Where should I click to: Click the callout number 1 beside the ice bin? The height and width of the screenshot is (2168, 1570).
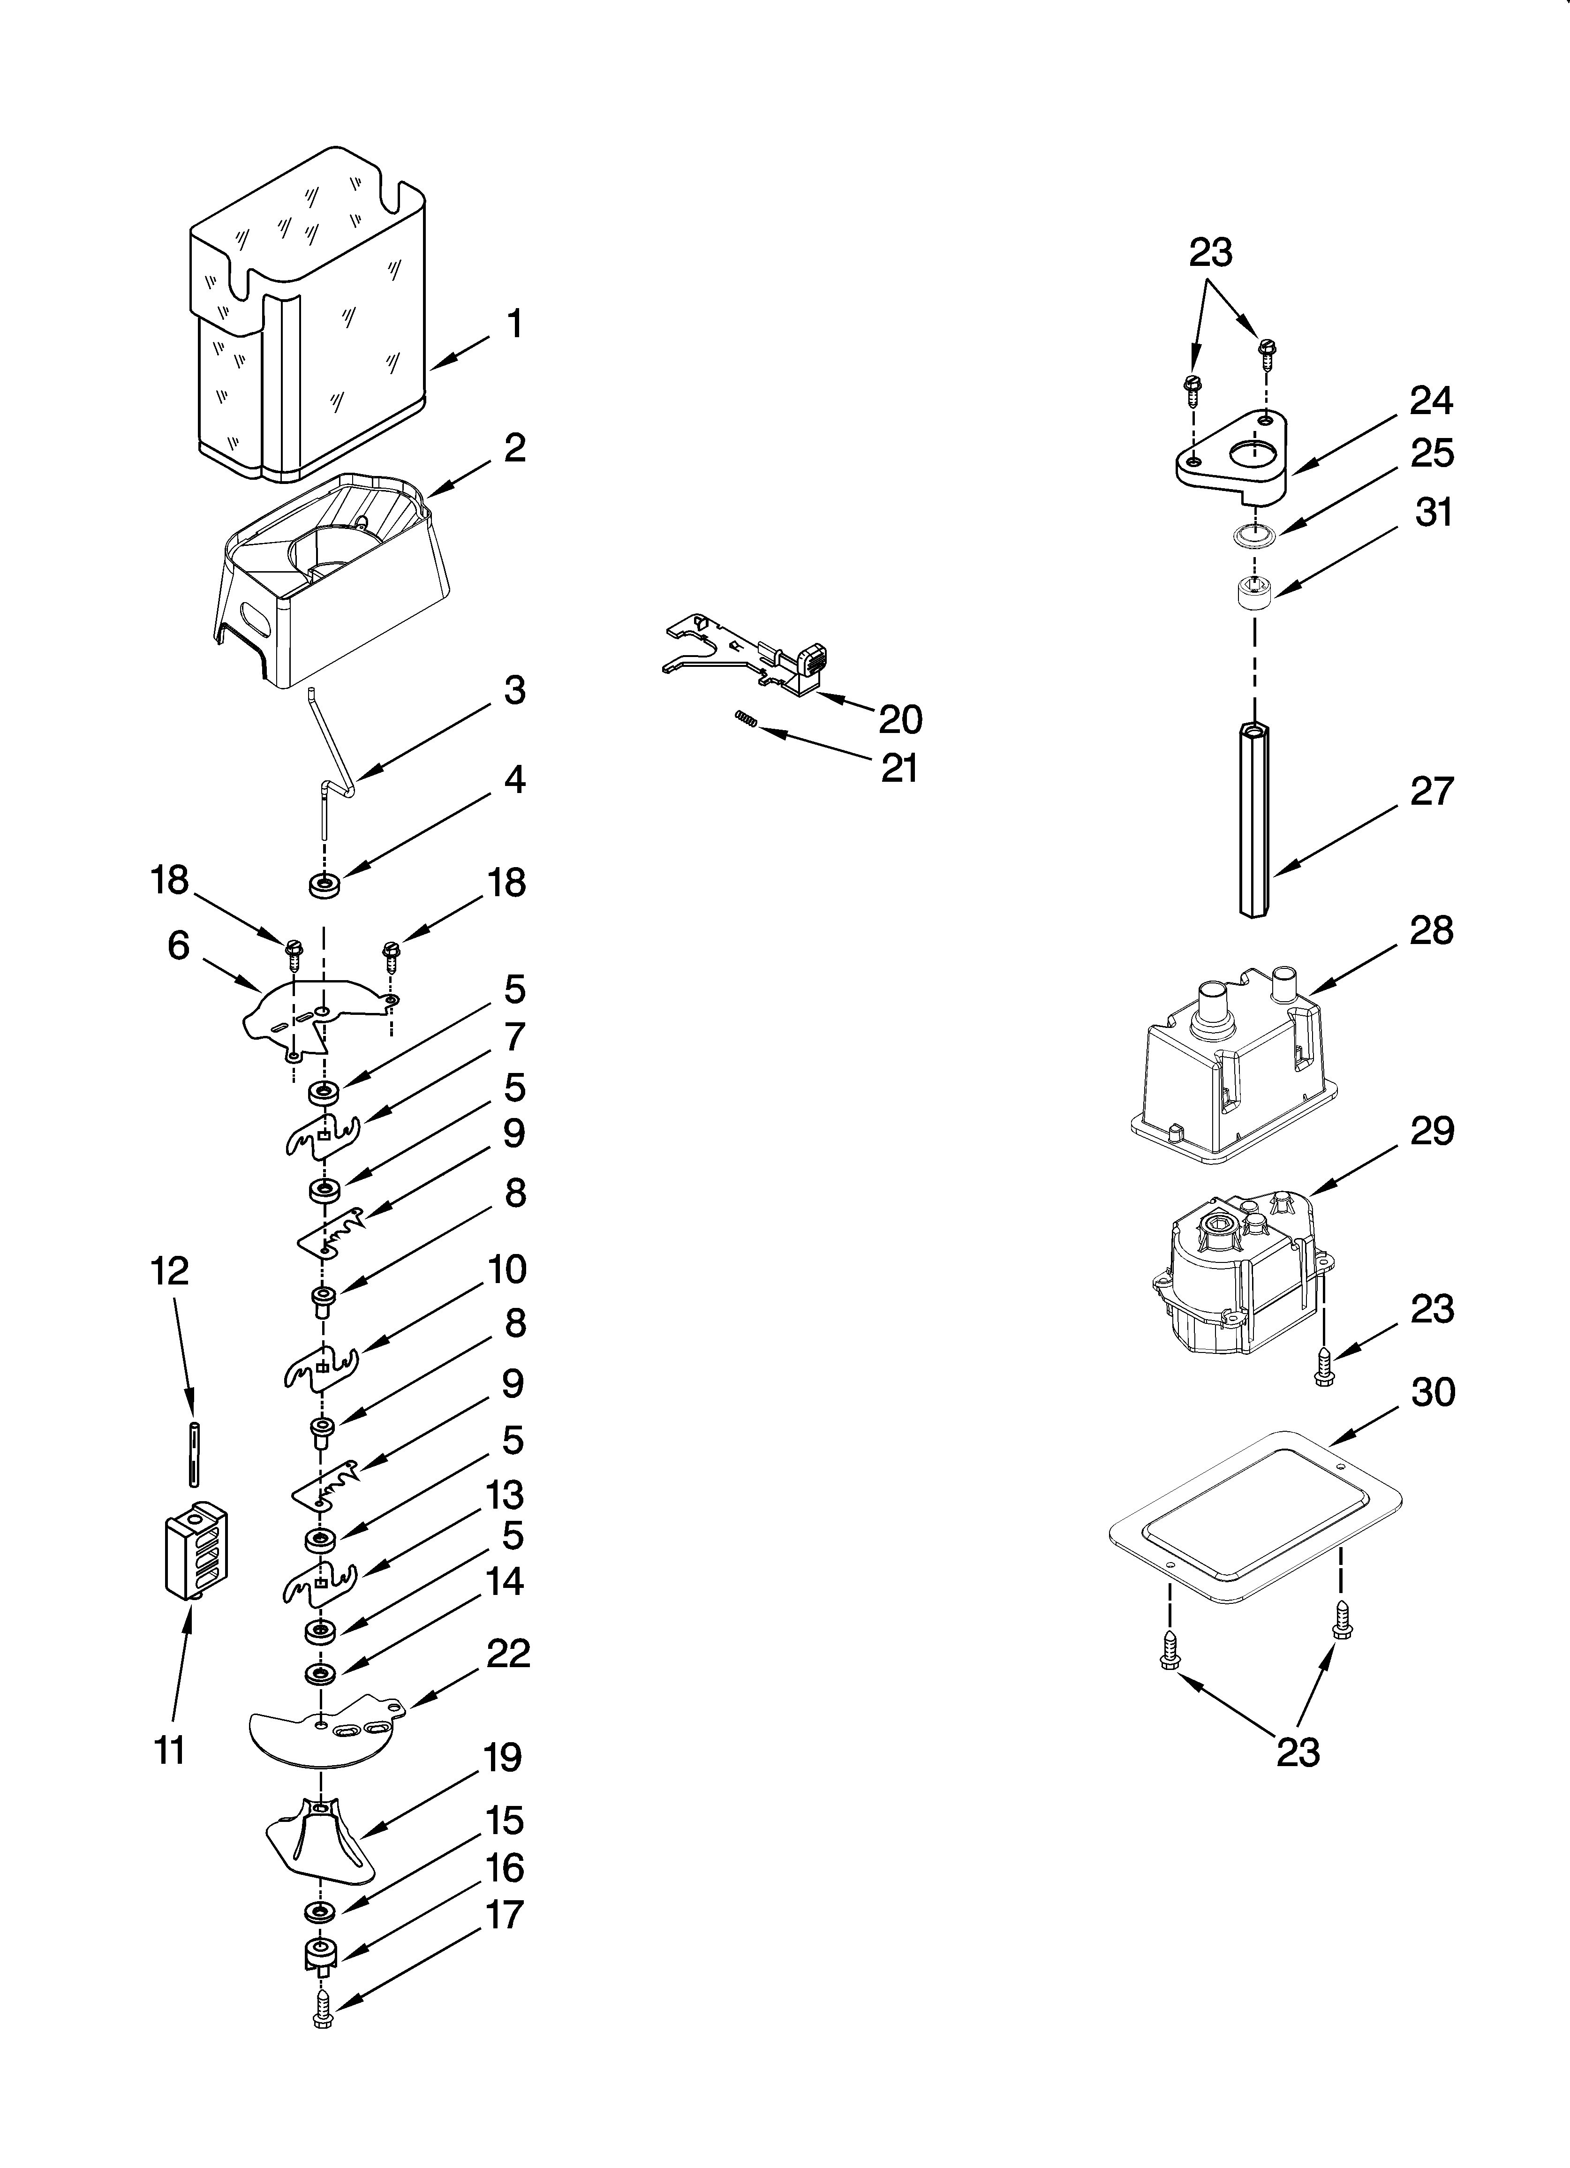(x=514, y=324)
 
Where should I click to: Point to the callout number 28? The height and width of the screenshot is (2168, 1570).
(x=1431, y=930)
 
